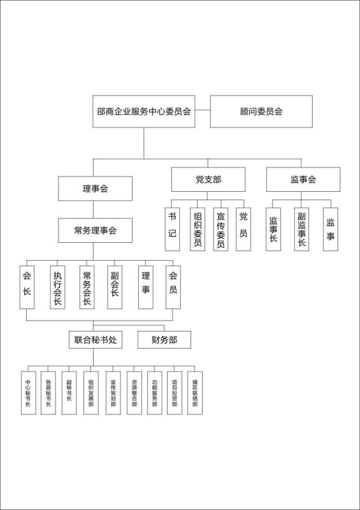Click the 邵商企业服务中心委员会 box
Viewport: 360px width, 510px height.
pyautogui.click(x=144, y=111)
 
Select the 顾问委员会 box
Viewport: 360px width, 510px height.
pyautogui.click(x=261, y=111)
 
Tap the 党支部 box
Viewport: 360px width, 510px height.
pyautogui.click(x=208, y=180)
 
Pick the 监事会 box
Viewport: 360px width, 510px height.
pyautogui.click(x=303, y=180)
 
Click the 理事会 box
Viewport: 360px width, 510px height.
pyautogui.click(x=96, y=188)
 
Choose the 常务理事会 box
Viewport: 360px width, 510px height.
pyautogui.click(x=96, y=230)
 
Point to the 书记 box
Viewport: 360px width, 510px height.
pyautogui.click(x=173, y=229)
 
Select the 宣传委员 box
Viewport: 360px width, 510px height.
pyautogui.click(x=221, y=229)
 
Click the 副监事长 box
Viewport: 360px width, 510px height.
pyautogui.click(x=302, y=229)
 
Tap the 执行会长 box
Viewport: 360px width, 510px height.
pyautogui.click(x=57, y=288)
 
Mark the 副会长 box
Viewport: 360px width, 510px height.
pyautogui.click(x=115, y=288)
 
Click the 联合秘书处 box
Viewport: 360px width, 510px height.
pyautogui.click(x=96, y=340)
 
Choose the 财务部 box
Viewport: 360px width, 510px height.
pyautogui.click(x=164, y=340)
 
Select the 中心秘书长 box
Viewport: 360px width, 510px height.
pyautogui.click(x=29, y=393)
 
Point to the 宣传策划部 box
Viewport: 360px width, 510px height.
pyautogui.click(x=113, y=393)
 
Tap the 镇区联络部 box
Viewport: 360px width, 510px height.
pyautogui.click(x=195, y=393)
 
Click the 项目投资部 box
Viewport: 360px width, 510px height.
pyautogui.click(x=175, y=393)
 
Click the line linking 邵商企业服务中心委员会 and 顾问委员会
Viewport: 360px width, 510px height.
pyautogui.click(x=203, y=110)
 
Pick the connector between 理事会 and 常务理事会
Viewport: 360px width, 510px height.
pyautogui.click(x=93, y=210)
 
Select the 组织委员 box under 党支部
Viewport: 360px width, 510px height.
pyautogui.click(x=198, y=229)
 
